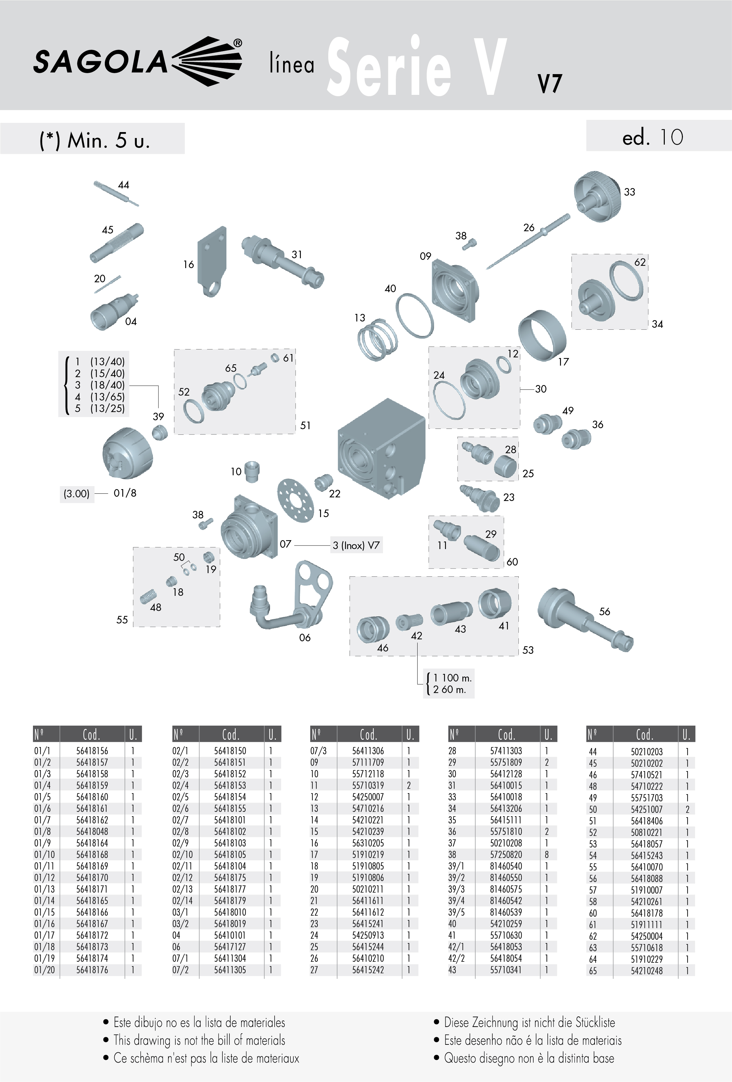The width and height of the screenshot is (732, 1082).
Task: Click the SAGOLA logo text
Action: [100, 62]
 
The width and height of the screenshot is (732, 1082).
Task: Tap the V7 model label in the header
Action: [550, 84]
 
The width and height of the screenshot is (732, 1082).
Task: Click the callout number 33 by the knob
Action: [630, 192]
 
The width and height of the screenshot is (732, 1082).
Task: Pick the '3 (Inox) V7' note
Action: [357, 545]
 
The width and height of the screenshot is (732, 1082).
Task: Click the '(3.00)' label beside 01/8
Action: [76, 493]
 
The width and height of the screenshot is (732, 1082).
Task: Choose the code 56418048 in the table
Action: [92, 831]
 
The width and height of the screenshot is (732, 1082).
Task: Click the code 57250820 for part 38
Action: [506, 854]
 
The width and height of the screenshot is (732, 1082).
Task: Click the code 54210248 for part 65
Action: [647, 971]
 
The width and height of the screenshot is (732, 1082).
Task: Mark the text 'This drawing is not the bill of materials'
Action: [199, 1040]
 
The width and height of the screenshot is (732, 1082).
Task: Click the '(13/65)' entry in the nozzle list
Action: [108, 397]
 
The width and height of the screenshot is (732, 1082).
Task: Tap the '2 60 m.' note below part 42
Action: [450, 689]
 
